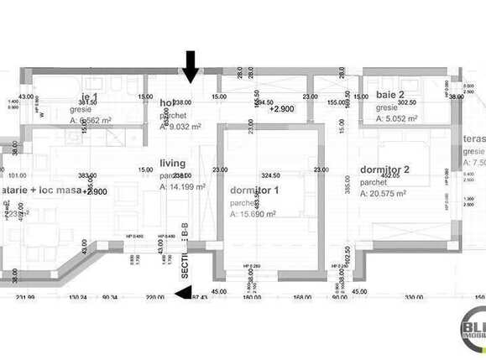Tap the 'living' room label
click(x=173, y=163)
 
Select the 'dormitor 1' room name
click(x=254, y=190)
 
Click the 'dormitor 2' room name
click(x=384, y=170)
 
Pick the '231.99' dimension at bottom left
click(x=26, y=297)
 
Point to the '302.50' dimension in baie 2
click(x=407, y=102)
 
